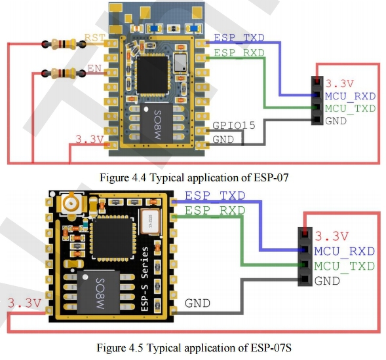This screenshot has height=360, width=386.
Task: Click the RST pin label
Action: click(x=95, y=37)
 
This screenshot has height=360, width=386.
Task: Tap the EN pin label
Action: click(x=94, y=68)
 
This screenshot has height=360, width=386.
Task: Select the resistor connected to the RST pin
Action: click(x=64, y=44)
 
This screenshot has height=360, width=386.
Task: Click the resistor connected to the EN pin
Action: click(x=64, y=73)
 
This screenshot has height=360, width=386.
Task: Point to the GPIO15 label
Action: click(x=233, y=126)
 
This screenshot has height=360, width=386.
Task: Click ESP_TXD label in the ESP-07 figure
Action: click(x=239, y=38)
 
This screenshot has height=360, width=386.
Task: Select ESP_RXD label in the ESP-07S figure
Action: click(x=215, y=211)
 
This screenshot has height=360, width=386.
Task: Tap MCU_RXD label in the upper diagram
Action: click(x=350, y=96)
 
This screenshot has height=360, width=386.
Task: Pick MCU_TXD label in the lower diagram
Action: click(x=345, y=266)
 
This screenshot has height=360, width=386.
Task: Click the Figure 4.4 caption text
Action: click(x=194, y=177)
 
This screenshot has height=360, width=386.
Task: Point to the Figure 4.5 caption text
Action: click(x=194, y=348)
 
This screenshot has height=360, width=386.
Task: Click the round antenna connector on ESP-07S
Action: click(x=71, y=203)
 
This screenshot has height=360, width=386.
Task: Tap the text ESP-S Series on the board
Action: click(x=145, y=279)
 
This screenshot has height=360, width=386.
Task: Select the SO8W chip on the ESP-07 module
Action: click(x=157, y=123)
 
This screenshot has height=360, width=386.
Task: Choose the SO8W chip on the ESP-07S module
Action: click(x=98, y=292)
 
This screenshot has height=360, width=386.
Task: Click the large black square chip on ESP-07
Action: click(x=153, y=75)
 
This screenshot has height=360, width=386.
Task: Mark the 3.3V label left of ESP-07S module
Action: click(x=24, y=303)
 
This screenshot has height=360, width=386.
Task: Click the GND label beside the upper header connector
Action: click(x=336, y=120)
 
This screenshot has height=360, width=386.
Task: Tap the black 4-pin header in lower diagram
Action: click(x=305, y=257)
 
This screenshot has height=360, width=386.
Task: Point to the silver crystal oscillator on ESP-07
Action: click(x=180, y=62)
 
